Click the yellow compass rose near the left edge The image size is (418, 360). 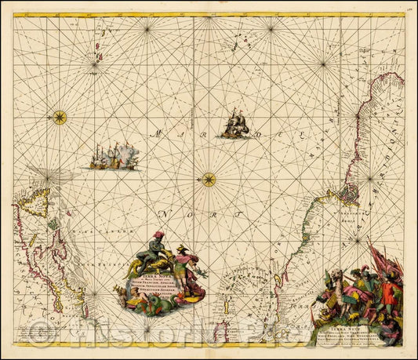point(60,118)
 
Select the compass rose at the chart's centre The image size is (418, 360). point(209,180)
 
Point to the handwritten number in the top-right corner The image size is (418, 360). point(411,8)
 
